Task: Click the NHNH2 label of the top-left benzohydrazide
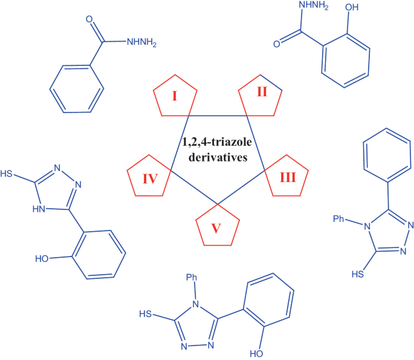143,42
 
